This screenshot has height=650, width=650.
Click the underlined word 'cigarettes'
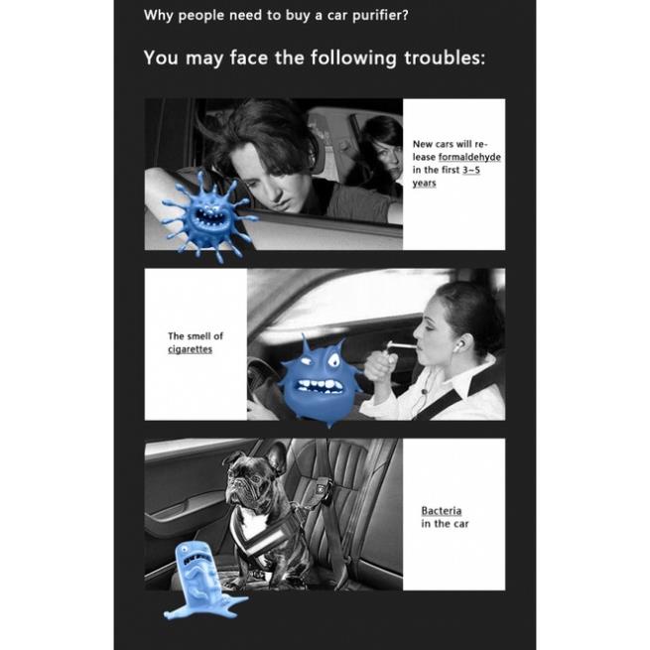(x=190, y=349)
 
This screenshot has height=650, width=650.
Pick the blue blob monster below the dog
(x=199, y=580)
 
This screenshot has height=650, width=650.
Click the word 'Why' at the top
(x=159, y=15)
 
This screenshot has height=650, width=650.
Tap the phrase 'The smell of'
(x=195, y=336)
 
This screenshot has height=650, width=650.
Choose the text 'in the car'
(x=445, y=524)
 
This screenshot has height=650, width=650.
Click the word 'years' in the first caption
(x=424, y=184)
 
